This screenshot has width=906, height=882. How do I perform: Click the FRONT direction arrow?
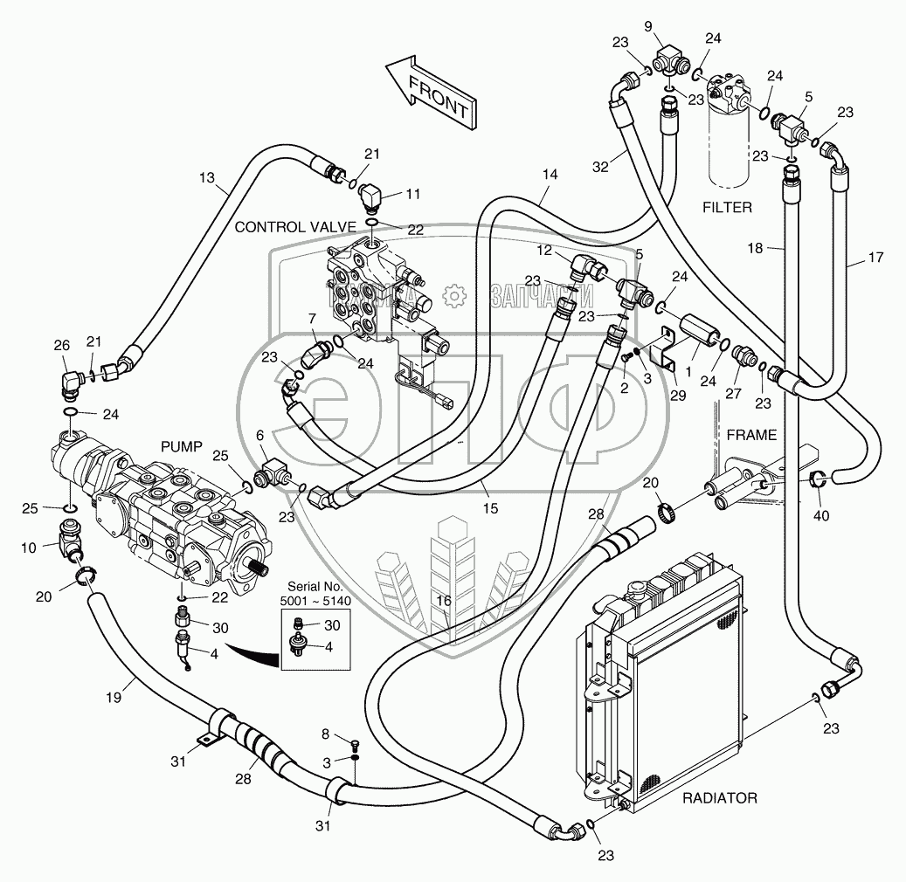[432, 93]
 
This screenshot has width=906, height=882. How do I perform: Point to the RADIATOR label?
[719, 797]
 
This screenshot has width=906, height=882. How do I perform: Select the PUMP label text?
[182, 446]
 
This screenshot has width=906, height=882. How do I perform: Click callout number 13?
[206, 178]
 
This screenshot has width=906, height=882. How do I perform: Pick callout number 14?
[549, 175]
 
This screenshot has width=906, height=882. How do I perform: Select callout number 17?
[876, 258]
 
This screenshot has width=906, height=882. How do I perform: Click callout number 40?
[821, 515]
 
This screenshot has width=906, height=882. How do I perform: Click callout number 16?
[444, 600]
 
